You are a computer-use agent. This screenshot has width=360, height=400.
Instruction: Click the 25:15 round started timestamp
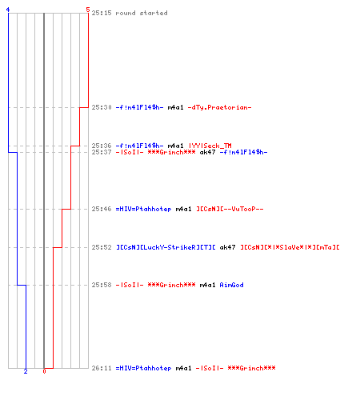(102, 13)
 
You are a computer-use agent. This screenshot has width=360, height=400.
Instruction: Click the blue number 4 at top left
(8, 10)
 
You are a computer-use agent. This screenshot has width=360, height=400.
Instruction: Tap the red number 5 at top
(88, 10)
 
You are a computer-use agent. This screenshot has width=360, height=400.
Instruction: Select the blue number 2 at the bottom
(26, 371)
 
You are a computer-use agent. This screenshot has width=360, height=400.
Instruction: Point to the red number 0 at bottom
(44, 371)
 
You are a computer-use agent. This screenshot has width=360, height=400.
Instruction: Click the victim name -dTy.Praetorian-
(219, 107)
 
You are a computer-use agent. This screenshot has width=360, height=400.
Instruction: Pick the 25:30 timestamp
(102, 107)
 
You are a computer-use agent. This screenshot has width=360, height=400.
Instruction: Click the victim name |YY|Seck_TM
(210, 146)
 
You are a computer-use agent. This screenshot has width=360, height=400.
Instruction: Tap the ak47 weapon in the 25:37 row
(207, 152)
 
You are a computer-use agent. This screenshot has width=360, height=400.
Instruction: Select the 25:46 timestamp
(102, 209)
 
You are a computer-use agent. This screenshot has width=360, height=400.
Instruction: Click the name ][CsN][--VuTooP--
(230, 209)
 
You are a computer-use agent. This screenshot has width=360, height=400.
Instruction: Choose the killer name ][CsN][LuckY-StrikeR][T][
(166, 247)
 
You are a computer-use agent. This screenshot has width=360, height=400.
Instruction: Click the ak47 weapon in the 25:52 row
(227, 247)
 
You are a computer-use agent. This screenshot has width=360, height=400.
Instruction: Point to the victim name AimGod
(231, 285)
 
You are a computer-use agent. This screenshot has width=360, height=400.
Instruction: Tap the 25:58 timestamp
(102, 285)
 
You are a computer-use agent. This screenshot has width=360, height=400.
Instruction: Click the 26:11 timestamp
(102, 368)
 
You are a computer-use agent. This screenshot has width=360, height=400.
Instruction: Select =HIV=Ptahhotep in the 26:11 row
(143, 368)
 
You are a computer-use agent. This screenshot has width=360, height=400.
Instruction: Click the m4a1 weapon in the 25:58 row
(207, 285)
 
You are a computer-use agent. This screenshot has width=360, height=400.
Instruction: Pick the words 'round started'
(142, 13)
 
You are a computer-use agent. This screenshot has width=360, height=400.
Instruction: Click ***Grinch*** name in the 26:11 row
(251, 368)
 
